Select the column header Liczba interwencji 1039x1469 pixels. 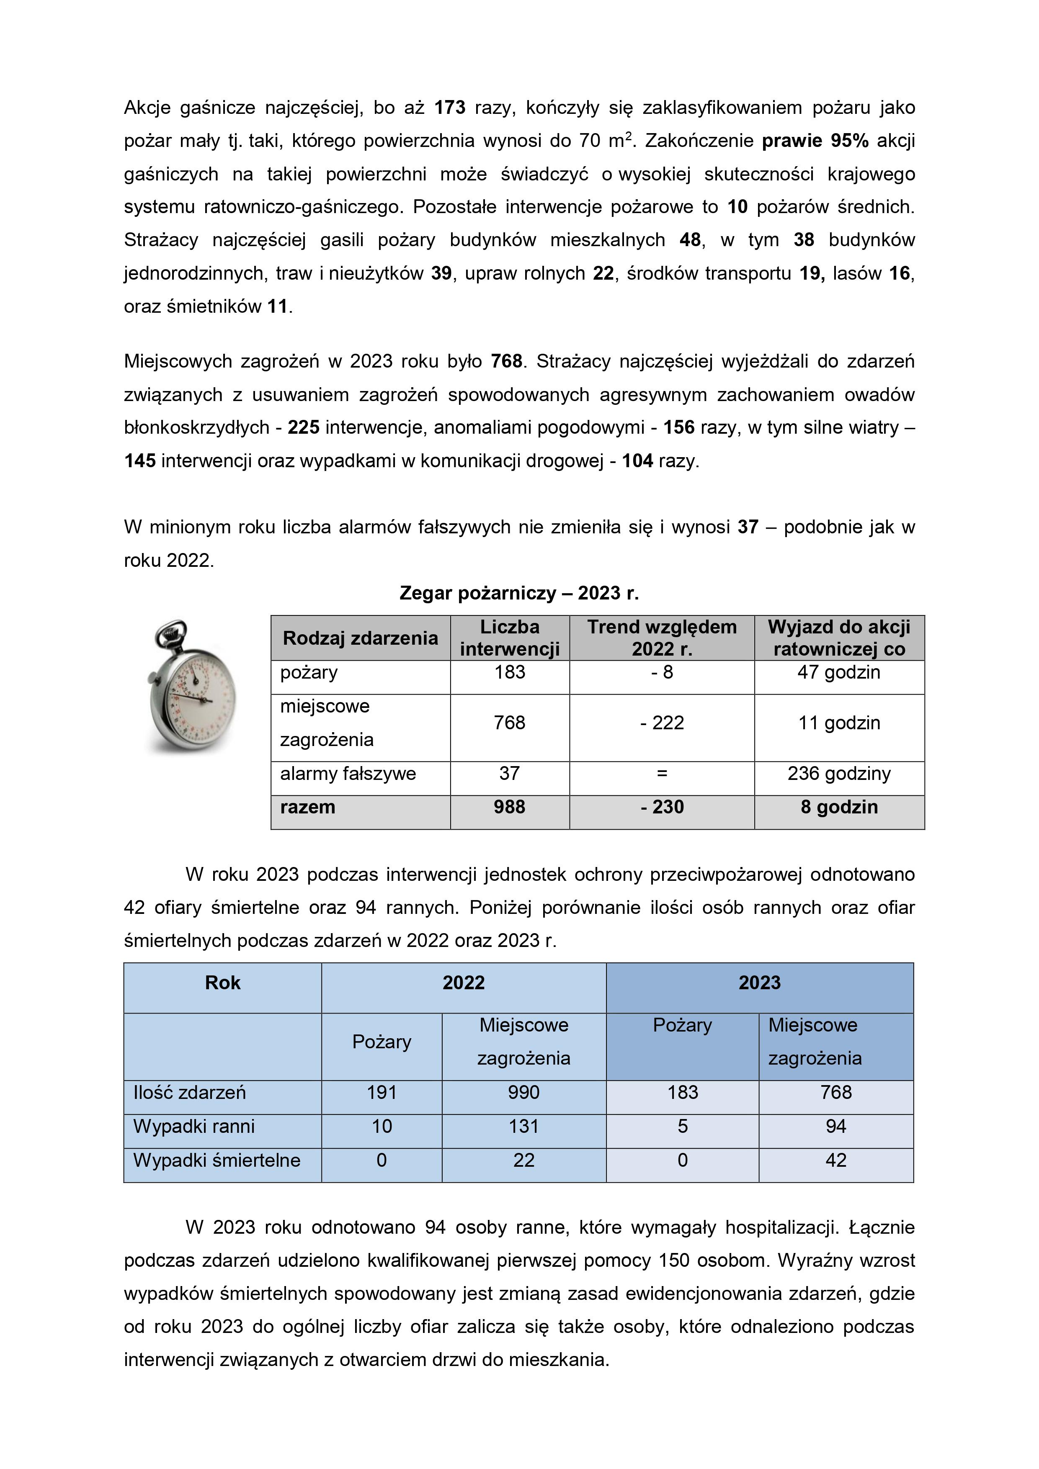click(510, 638)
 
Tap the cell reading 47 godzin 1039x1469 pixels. click(839, 672)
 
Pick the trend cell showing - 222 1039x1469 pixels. click(662, 723)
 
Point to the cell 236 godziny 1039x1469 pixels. click(839, 774)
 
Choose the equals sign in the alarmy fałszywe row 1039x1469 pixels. click(662, 774)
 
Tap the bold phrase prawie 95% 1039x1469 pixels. click(815, 141)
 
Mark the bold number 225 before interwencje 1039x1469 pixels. click(304, 427)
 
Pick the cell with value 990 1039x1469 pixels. click(523, 1092)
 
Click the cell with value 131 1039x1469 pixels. click(523, 1126)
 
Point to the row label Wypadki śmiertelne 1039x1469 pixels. click(217, 1160)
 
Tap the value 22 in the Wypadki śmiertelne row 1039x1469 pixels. click(523, 1160)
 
